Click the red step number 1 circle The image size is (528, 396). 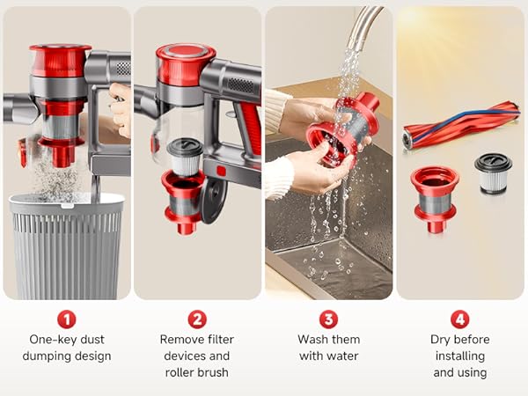pos(66,319)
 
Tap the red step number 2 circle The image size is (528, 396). pos(197,319)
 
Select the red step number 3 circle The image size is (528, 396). pos(328,319)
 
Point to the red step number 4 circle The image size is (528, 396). pos(459,319)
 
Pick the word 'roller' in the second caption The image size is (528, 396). pos(176,372)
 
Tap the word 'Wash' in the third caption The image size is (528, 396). pos(316,339)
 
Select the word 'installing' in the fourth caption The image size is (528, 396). pos(459,356)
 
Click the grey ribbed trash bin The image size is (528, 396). pos(67,246)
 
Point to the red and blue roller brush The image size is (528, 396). pos(460,123)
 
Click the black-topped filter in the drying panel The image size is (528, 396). pos(493,174)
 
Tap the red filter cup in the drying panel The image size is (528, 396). pos(434,195)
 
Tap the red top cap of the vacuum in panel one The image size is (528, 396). pos(60,60)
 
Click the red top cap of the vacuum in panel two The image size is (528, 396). pos(185,63)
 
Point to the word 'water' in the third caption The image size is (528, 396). pos(342,356)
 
